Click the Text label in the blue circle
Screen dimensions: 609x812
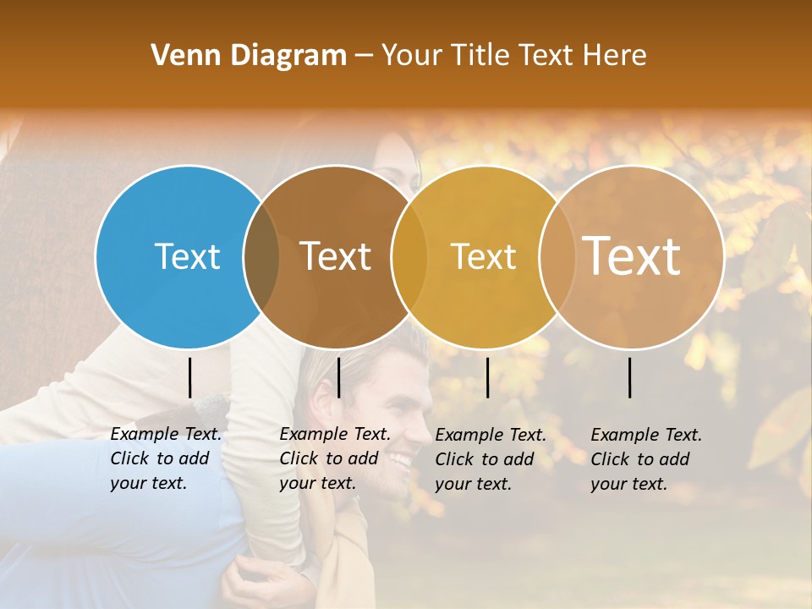pos(188,256)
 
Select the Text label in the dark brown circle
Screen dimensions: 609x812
pos(336,256)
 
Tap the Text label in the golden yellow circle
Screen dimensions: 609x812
pos(483,256)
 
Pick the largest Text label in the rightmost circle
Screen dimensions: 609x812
pos(632,255)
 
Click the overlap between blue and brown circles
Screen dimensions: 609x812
pos(261,256)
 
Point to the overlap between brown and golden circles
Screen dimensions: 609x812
pos(409,256)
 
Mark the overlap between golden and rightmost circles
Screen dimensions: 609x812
pos(557,256)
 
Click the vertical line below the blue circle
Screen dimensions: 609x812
pos(190,377)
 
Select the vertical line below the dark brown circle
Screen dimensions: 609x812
pos(338,377)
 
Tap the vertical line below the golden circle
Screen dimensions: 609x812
pos(487,377)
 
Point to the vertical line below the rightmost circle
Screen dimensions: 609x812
pos(630,377)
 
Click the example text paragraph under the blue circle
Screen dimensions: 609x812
pos(166,458)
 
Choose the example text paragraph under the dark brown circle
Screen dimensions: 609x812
pos(335,458)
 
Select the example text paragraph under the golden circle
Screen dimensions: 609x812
pos(491,459)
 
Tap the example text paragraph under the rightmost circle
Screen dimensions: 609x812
pos(646,459)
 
